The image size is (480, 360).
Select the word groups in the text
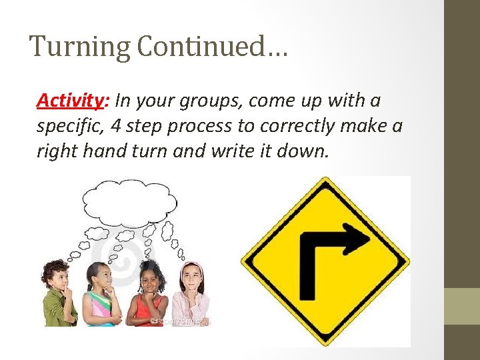(x=221, y=101)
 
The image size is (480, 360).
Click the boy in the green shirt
(x=59, y=297)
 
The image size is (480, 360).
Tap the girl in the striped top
(x=101, y=297)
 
